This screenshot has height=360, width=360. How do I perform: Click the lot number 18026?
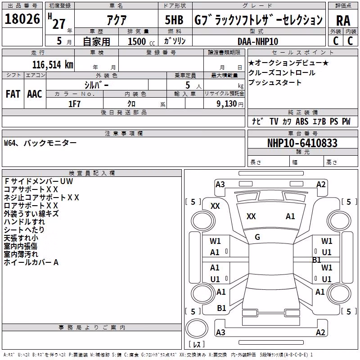22,19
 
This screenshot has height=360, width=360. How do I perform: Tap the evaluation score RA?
343,21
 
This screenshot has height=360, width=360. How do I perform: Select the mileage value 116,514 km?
53,65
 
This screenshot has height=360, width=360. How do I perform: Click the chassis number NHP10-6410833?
302,143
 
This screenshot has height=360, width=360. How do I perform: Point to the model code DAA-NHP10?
258,41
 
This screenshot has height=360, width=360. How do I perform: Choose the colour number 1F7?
74,104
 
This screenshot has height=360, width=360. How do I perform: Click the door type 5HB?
174,20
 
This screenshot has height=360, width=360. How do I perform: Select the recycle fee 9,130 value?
227,104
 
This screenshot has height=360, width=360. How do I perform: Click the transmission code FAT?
13,94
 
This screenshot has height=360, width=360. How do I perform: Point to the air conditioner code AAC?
35,94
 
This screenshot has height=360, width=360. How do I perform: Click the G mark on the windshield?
257,237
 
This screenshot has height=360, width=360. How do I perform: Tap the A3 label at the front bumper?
220,184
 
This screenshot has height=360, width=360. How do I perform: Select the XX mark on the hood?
251,216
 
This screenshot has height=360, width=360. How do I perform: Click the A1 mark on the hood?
290,216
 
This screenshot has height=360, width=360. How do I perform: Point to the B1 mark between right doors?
317,260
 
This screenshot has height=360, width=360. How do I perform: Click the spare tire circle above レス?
197,328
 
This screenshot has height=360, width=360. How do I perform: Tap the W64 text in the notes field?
9,143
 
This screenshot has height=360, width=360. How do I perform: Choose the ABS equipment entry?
302,121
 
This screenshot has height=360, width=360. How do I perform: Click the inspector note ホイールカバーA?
31,262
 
